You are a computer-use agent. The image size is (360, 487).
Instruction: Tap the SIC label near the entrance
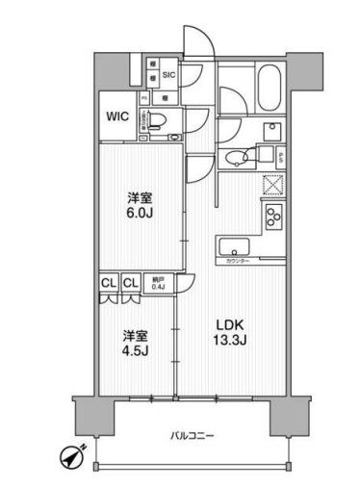click(x=167, y=73)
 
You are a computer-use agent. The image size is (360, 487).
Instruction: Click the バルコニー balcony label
click(x=184, y=435)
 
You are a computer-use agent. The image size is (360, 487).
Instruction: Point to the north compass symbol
click(x=81, y=455)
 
